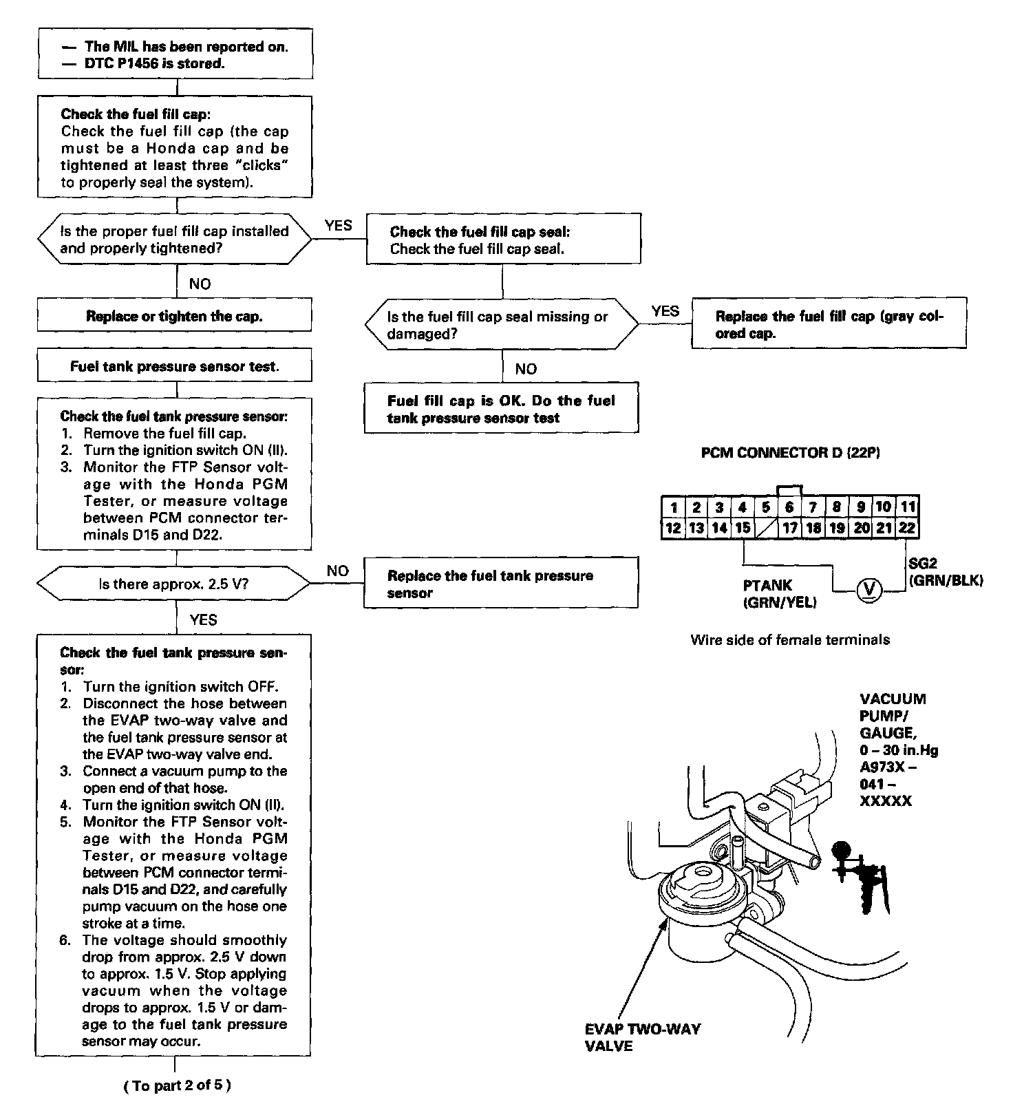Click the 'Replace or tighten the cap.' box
click(174, 316)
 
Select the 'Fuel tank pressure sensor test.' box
click(174, 366)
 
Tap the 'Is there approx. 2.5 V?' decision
click(173, 584)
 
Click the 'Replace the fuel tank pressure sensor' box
click(500, 584)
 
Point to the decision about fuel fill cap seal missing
click(501, 325)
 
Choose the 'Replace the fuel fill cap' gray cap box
click(829, 324)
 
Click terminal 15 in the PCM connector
click(743, 528)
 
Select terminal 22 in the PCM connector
click(907, 528)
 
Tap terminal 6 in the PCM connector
click(789, 508)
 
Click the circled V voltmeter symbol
click(869, 590)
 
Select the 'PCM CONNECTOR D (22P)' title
click(790, 453)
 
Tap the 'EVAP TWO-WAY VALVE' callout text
click(642, 1037)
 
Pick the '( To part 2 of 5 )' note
click(178, 1085)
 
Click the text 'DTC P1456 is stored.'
click(154, 64)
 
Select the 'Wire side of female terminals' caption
click(790, 640)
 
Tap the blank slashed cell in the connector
click(766, 528)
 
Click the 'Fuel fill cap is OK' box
click(501, 409)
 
